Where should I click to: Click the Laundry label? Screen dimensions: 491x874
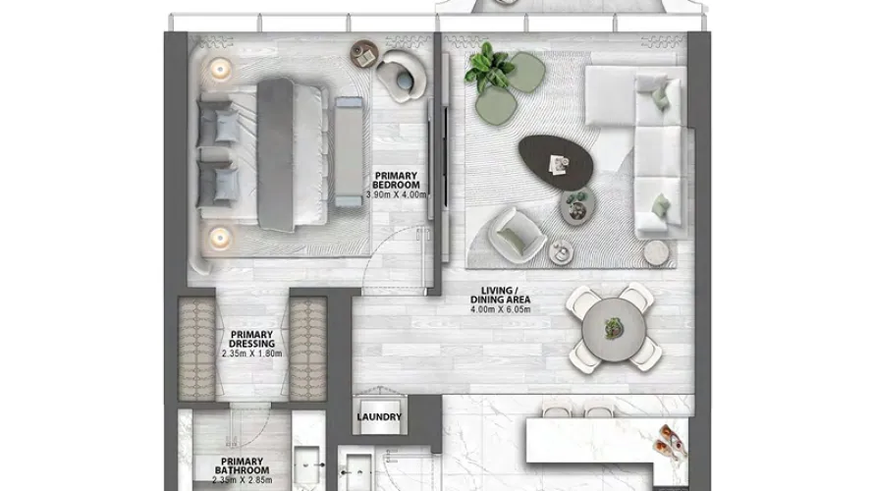click(379, 416)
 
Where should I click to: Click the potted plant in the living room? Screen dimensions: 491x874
click(489, 67)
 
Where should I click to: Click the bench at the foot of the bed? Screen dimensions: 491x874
click(348, 150)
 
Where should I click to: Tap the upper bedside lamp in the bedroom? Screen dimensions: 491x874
click(220, 69)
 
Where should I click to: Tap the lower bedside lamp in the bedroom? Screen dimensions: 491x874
click(220, 235)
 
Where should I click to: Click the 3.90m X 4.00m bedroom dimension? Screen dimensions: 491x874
click(397, 194)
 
